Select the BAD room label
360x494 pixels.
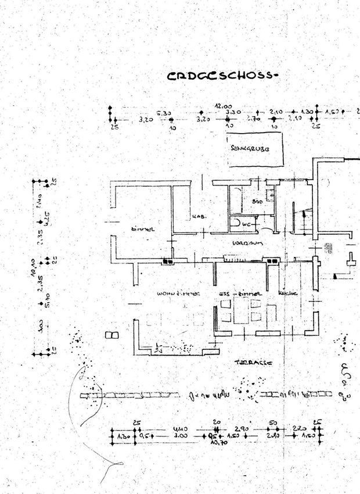[x=257, y=201]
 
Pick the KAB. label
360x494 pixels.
[x=200, y=218]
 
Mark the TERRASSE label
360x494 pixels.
[x=253, y=362]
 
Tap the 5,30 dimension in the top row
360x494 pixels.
[x=164, y=113]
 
